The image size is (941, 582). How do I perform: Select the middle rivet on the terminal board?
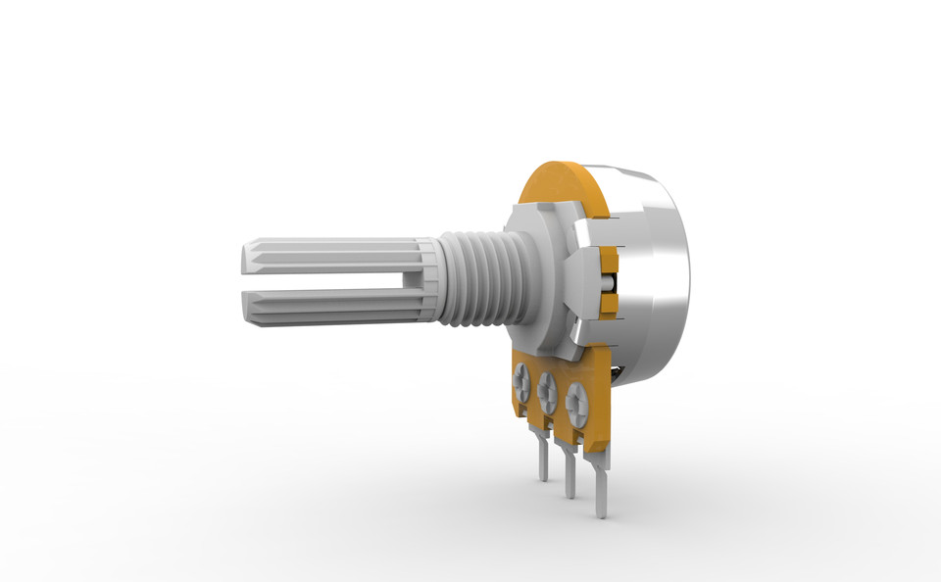pos(547,389)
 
